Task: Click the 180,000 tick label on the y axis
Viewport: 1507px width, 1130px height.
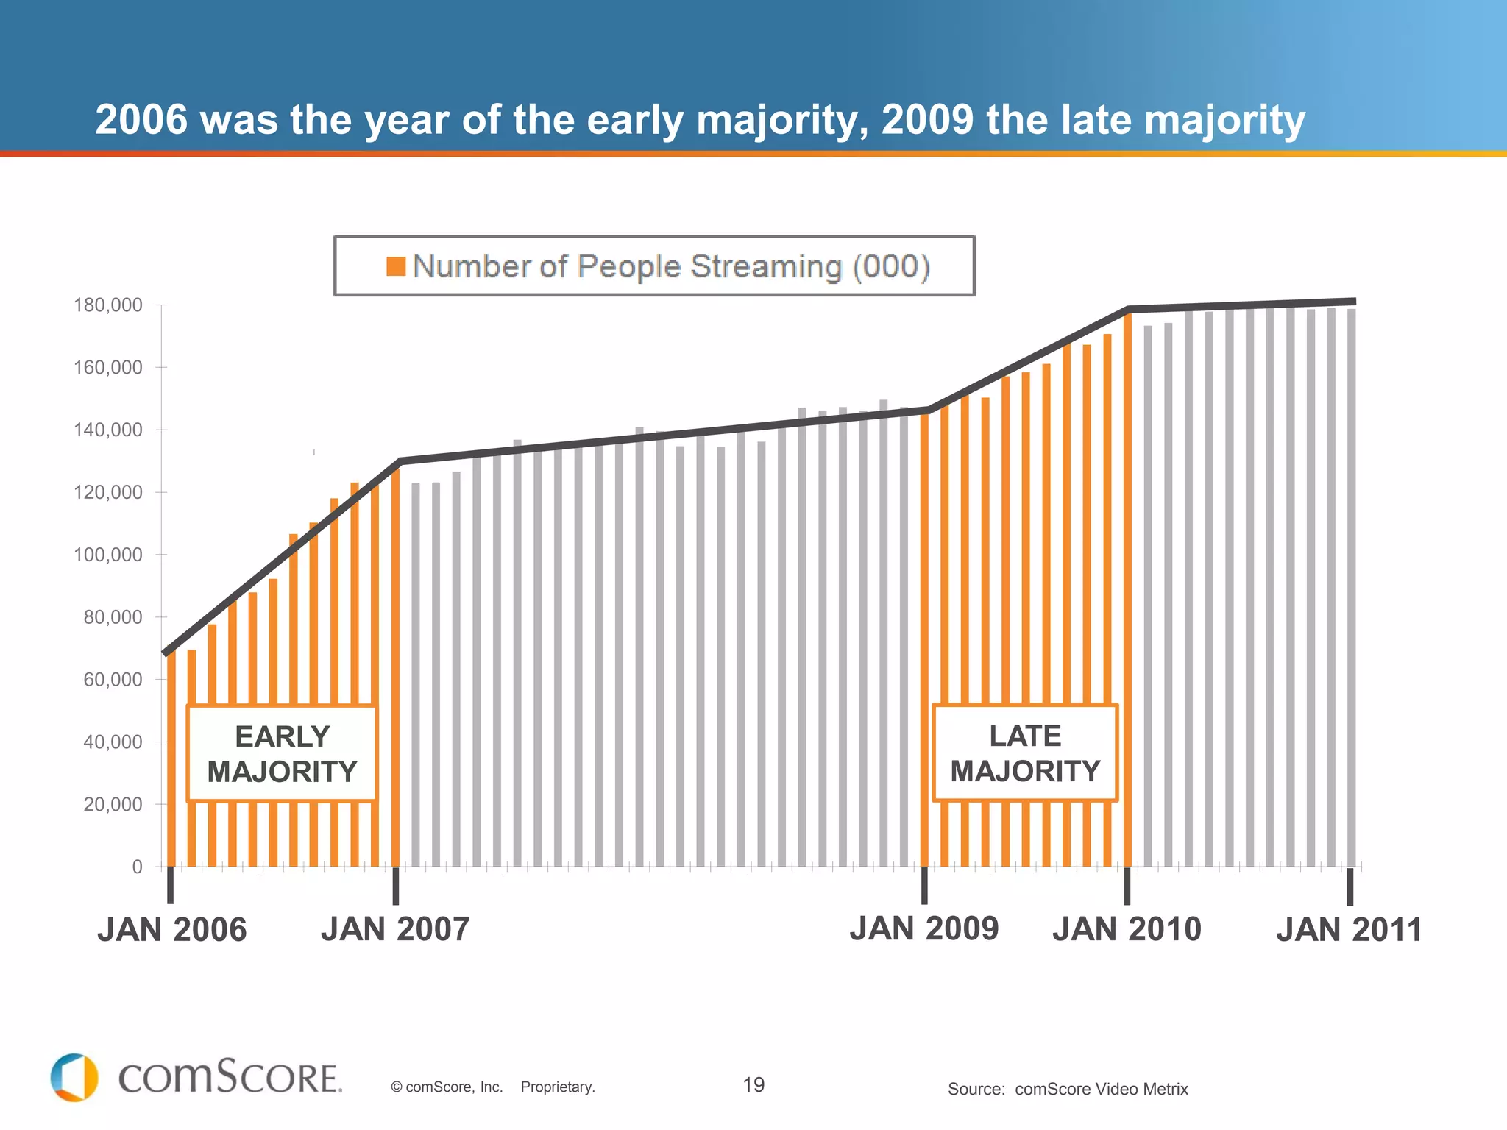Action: click(107, 305)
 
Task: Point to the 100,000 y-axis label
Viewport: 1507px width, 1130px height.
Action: click(107, 555)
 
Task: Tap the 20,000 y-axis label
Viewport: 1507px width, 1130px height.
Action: click(113, 804)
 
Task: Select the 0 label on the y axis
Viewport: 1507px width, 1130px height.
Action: click(137, 867)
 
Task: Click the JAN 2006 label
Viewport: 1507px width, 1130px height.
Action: click(171, 930)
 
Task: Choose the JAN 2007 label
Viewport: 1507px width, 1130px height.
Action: click(395, 929)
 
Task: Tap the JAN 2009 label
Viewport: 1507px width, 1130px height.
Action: click(924, 928)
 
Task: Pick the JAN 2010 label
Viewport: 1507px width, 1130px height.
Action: click(1127, 929)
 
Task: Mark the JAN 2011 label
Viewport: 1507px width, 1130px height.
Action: click(1349, 930)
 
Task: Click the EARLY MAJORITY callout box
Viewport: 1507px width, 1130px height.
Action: click(282, 753)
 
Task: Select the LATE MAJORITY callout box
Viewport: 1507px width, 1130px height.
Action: click(1025, 753)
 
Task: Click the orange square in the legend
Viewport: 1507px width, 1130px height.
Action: click(396, 266)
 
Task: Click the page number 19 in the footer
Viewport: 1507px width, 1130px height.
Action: click(753, 1085)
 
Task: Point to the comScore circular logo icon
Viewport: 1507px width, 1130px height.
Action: click(74, 1078)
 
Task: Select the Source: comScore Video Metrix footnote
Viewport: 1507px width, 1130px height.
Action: click(1068, 1089)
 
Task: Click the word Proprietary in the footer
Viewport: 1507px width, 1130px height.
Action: click(557, 1087)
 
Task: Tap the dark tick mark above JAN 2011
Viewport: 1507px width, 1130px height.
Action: click(1350, 886)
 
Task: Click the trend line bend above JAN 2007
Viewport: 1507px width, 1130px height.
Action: click(400, 461)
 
